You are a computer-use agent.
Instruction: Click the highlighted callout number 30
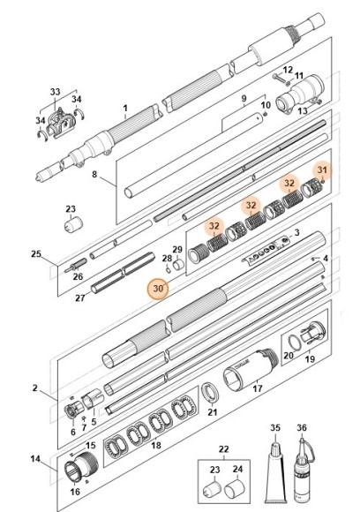[x=159, y=288]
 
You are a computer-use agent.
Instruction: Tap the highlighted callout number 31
[x=323, y=169]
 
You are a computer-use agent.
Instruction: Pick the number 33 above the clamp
[x=56, y=92]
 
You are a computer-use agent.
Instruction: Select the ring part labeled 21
[x=212, y=390]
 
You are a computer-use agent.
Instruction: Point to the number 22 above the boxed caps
[x=223, y=449]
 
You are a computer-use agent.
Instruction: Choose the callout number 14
[x=35, y=459]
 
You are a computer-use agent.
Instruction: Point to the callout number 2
[x=35, y=388]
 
